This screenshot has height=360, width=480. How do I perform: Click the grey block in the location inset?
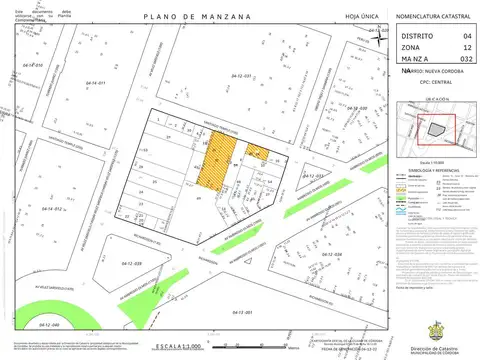pyautogui.click(x=435, y=130)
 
